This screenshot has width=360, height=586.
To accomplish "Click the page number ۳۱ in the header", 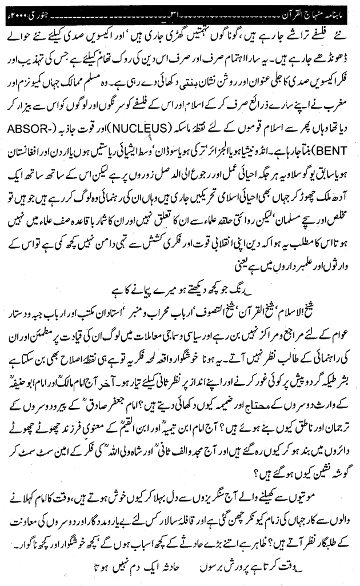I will [x=171, y=10].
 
